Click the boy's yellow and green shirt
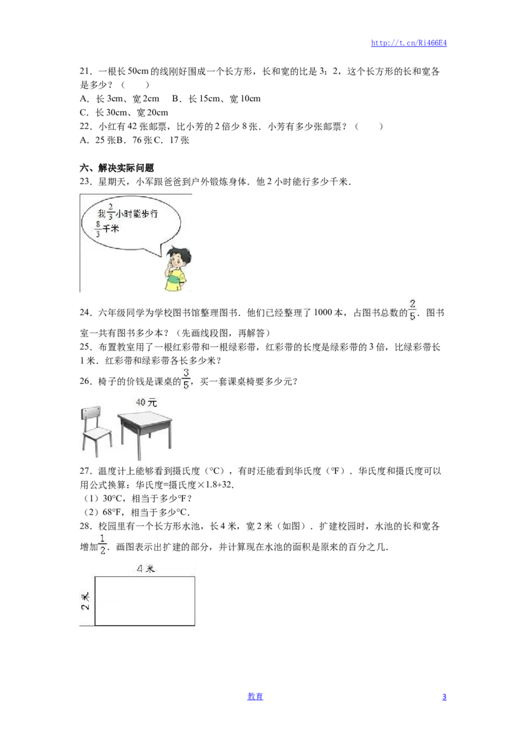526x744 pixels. tap(175, 280)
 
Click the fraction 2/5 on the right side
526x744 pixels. tap(412, 310)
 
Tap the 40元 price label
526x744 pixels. tap(146, 402)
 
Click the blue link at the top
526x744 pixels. tap(409, 43)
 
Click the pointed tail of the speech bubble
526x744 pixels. tap(158, 251)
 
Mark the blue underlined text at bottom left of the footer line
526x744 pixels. tap(255, 695)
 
